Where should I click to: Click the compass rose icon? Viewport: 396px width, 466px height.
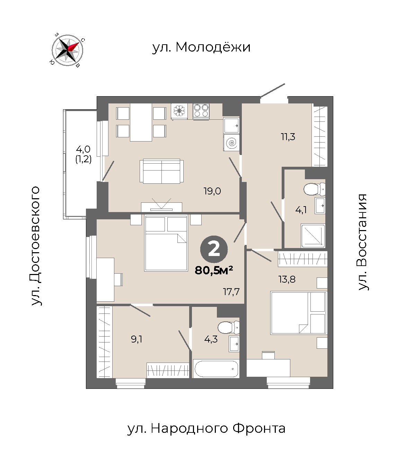tap(67, 50)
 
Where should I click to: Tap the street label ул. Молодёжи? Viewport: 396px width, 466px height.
tap(201, 47)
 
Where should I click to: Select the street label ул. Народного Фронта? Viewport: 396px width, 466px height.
tap(206, 429)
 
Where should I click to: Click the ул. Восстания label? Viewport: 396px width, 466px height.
tap(363, 242)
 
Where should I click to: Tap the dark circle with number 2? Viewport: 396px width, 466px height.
tap(214, 249)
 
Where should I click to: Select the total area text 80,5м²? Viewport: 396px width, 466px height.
tap(214, 270)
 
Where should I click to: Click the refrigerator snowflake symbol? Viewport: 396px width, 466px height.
tap(179, 111)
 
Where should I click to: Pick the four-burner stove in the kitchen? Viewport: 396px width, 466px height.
tap(201, 111)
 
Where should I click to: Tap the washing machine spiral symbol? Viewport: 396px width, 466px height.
tap(231, 143)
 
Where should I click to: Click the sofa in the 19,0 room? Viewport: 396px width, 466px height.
tap(161, 171)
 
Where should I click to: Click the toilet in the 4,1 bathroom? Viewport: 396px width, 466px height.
tap(315, 189)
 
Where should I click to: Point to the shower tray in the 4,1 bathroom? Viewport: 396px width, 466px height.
tap(313, 236)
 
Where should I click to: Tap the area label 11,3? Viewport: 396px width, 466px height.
tap(288, 137)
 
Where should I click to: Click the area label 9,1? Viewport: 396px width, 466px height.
tap(137, 339)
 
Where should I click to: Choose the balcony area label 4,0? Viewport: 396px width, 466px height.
tap(83, 149)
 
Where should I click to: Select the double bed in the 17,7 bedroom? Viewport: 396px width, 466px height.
tap(166, 243)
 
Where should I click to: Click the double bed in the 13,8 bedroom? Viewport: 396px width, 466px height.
tap(298, 313)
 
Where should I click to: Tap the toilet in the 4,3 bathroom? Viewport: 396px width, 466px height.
tap(228, 328)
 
